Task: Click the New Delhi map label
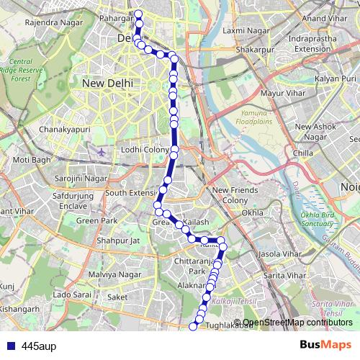pos(107,84)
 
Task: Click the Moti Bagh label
pos(32,159)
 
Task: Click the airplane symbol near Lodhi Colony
pos(99,153)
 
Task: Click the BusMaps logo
pos(325,345)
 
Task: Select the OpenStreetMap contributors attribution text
pos(297,323)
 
